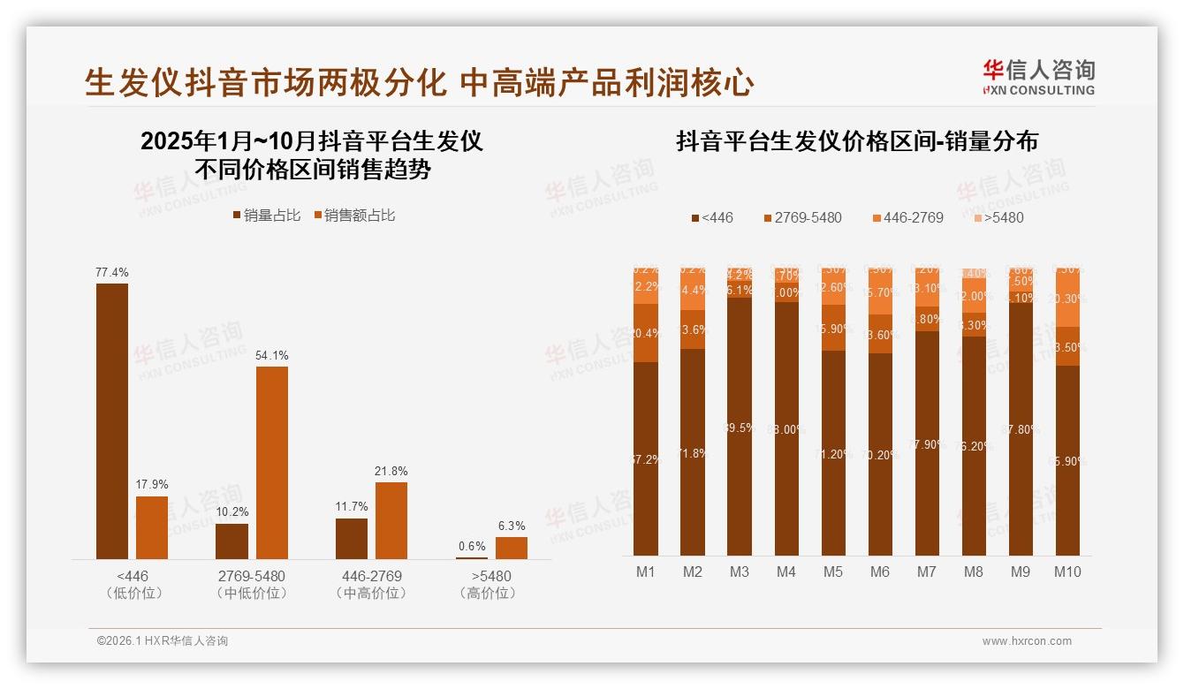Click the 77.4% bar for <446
(x=112, y=420)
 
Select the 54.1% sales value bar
(x=272, y=462)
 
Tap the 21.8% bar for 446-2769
(x=391, y=520)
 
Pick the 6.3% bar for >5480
(x=511, y=548)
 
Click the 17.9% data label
(x=152, y=484)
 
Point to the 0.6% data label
(x=472, y=546)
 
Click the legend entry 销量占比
(x=266, y=215)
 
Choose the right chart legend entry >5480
(x=998, y=217)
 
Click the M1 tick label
(x=646, y=572)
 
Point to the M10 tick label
(x=1067, y=572)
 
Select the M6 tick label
(x=880, y=572)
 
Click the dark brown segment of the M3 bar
(x=740, y=426)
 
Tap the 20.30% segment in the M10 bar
(x=1067, y=299)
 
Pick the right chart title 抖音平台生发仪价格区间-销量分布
(x=857, y=141)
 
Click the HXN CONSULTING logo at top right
(x=1038, y=78)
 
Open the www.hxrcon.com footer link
(x=1027, y=641)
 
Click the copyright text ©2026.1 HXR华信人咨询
(x=163, y=641)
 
